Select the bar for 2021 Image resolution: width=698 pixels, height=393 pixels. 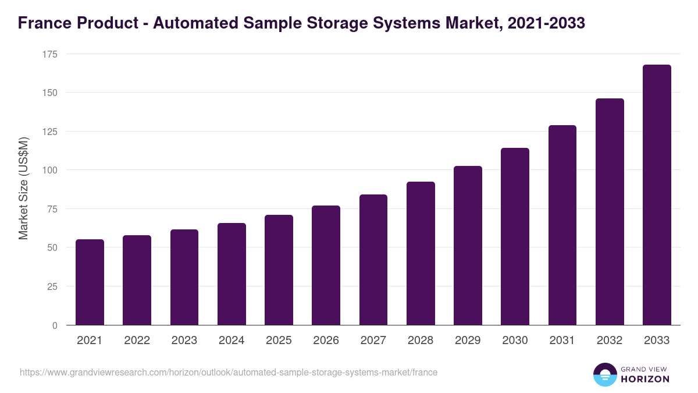pos(90,282)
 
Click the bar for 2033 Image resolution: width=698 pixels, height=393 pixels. pos(657,195)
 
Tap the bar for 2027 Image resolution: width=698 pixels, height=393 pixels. pos(373,260)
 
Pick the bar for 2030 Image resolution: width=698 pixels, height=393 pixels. pos(515,236)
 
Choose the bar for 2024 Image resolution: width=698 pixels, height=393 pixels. pos(232,274)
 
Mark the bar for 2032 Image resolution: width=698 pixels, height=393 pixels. pos(610,212)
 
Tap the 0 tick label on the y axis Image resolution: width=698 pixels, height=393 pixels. pos(55,325)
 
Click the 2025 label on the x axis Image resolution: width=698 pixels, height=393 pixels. pos(279,341)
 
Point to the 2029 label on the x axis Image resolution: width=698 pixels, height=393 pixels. pos(468,341)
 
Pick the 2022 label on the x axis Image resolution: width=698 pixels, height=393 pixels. pos(137,341)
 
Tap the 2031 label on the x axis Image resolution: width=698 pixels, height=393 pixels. pos(562,341)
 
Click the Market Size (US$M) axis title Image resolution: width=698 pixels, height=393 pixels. pos(23,189)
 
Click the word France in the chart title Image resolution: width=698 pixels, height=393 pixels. pos(42,23)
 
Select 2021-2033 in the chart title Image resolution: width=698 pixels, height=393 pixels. pos(546,23)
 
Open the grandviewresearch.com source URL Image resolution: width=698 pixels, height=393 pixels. pos(229,372)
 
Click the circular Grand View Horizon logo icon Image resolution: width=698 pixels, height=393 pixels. pos(604,374)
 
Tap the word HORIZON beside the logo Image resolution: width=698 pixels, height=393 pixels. pos(645,379)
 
